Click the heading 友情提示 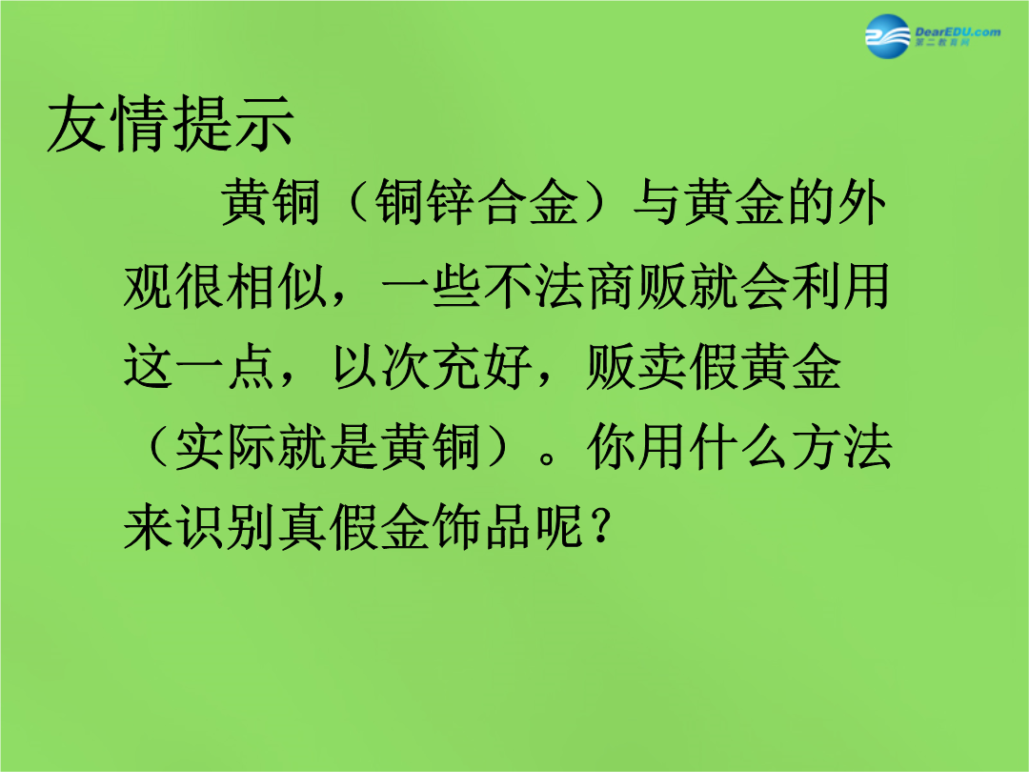[171, 123]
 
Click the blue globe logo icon [888, 36]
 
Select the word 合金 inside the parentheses [529, 201]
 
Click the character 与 [657, 201]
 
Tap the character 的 [811, 201]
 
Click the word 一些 [432, 286]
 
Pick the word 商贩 [637, 286]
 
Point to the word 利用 [840, 286]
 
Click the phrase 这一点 [200, 366]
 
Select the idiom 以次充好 [432, 366]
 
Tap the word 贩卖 [637, 366]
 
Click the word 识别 [200, 527]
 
